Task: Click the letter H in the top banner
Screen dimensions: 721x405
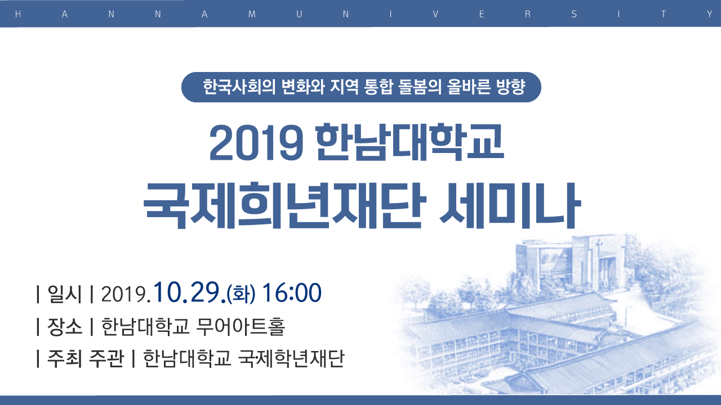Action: tap(18, 14)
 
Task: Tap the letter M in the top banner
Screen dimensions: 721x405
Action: tap(252, 14)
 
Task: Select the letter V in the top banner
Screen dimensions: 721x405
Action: tap(435, 14)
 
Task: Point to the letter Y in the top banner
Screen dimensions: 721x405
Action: tap(709, 14)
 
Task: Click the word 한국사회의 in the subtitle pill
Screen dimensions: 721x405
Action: tap(239, 87)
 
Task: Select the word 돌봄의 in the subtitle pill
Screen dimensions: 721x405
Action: tap(419, 87)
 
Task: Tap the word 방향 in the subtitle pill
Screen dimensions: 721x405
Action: tap(511, 87)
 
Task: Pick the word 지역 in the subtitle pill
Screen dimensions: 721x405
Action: tap(344, 87)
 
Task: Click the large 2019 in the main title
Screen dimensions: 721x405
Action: tap(256, 142)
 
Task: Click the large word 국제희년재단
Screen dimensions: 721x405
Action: tap(284, 205)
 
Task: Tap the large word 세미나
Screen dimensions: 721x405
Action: tap(510, 205)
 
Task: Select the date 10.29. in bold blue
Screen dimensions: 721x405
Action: tap(190, 292)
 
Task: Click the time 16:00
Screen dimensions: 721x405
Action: tap(292, 292)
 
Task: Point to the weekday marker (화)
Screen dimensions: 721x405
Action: tap(241, 294)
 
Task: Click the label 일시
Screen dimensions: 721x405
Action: tap(64, 294)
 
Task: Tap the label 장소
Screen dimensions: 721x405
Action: tap(64, 327)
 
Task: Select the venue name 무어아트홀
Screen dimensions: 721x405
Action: tap(241, 327)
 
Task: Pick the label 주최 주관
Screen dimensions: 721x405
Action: tap(85, 358)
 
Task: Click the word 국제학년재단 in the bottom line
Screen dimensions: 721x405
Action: tap(292, 358)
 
